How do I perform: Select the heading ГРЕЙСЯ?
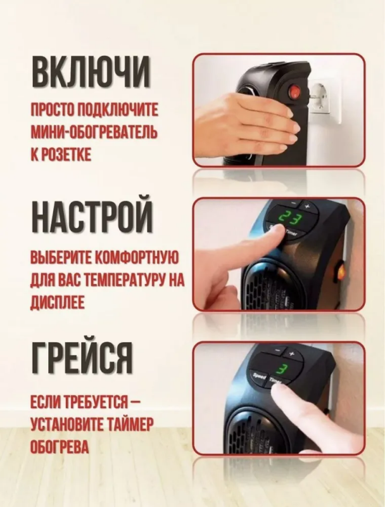(x=82, y=358)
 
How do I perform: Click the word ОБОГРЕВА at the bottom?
(x=60, y=446)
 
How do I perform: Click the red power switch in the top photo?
(x=294, y=93)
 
